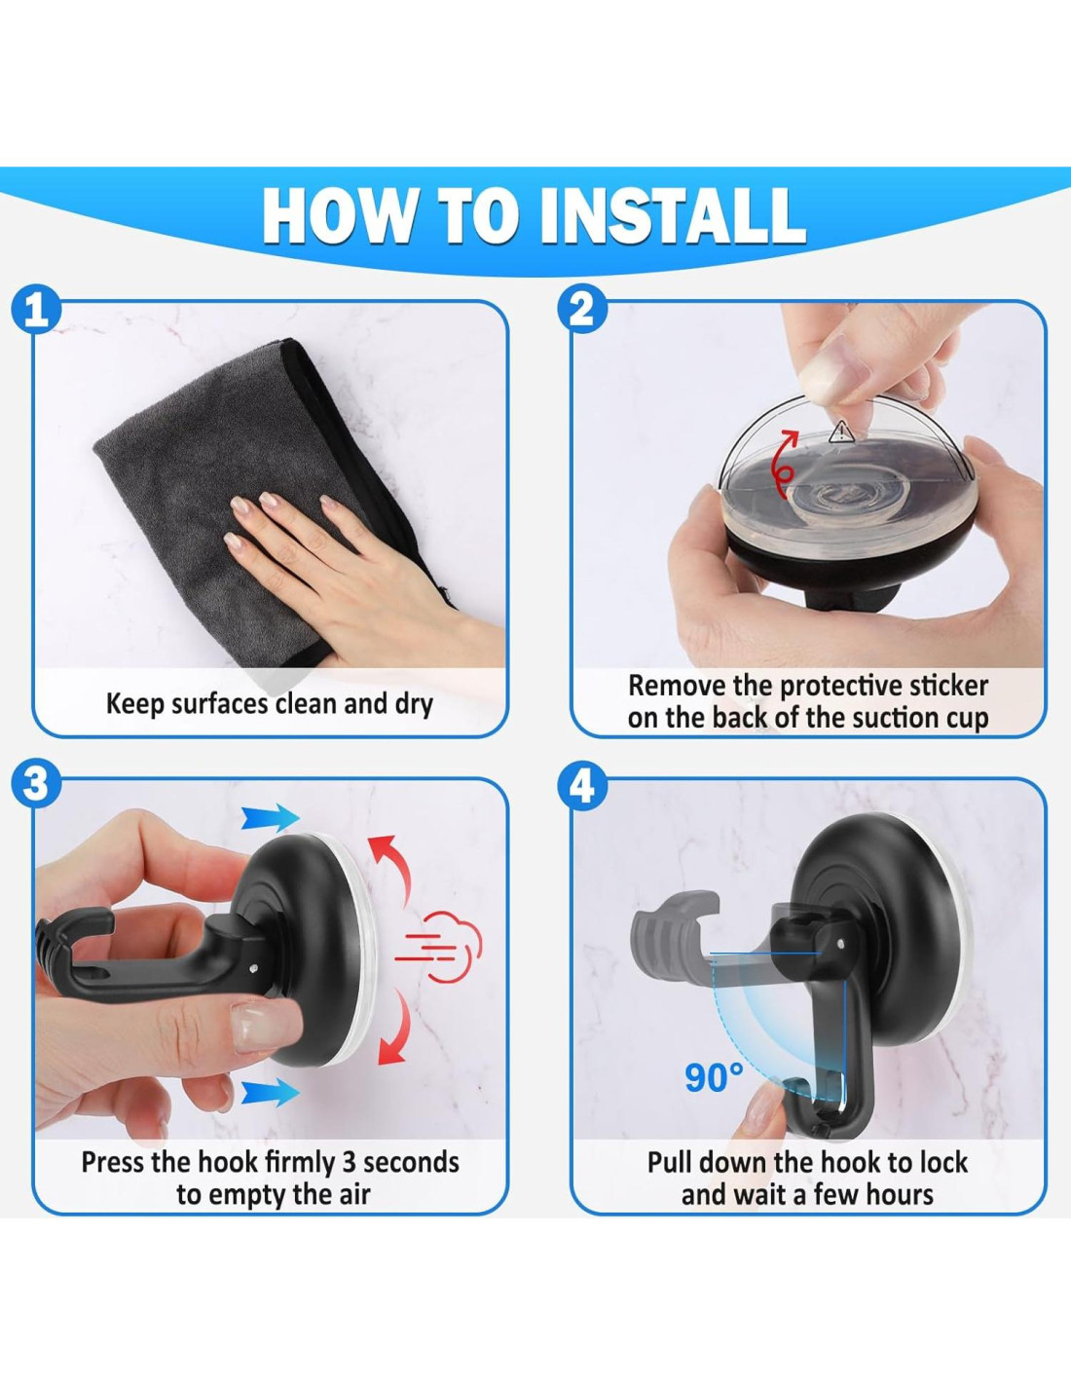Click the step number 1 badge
(x=36, y=310)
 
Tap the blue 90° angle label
(x=714, y=1076)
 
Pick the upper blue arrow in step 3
(x=270, y=817)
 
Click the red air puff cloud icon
(x=438, y=949)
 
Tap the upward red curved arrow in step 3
(x=391, y=866)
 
